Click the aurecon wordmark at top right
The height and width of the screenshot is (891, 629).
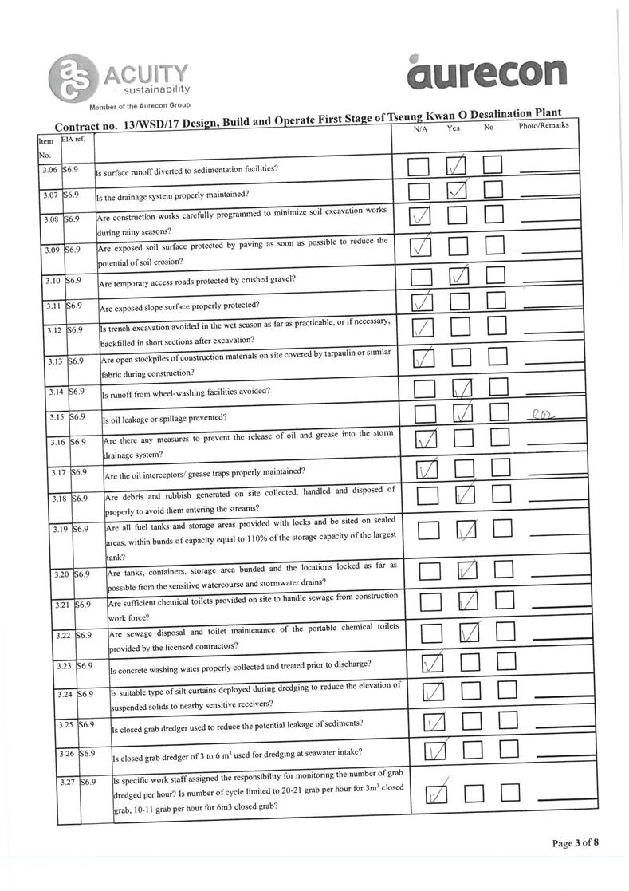487,73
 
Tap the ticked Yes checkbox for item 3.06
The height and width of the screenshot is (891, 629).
457,167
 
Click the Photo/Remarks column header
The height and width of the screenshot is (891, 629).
543,127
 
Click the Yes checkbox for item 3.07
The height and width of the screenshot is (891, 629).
457,191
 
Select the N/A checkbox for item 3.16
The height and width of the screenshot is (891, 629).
427,440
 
